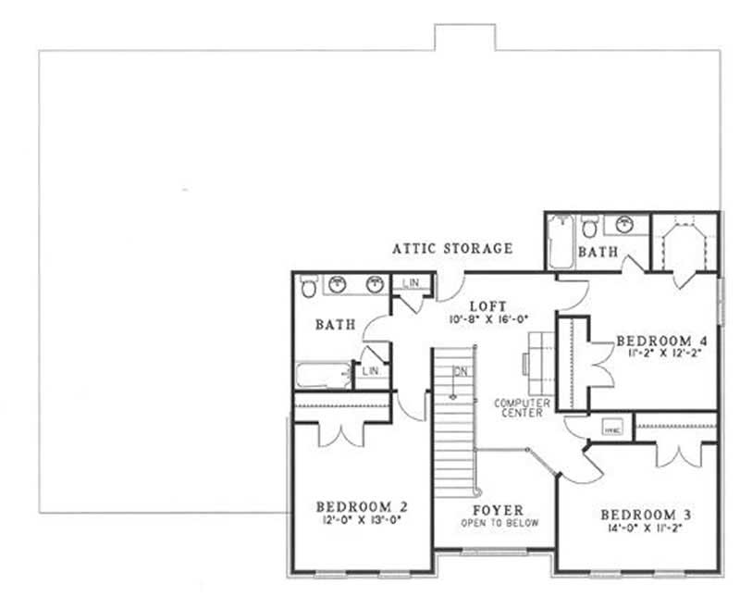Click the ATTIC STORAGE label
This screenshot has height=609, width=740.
[x=452, y=248]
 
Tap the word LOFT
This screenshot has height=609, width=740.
[x=486, y=305]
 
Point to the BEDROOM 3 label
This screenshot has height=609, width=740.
[x=646, y=515]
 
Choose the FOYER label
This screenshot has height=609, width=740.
[x=499, y=510]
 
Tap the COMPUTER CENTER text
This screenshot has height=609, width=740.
[x=523, y=408]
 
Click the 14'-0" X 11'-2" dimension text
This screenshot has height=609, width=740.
[x=646, y=529]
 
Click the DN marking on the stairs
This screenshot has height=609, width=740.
[x=460, y=371]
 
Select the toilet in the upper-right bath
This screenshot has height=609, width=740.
[x=589, y=226]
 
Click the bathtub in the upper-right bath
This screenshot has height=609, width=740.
[x=559, y=241]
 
